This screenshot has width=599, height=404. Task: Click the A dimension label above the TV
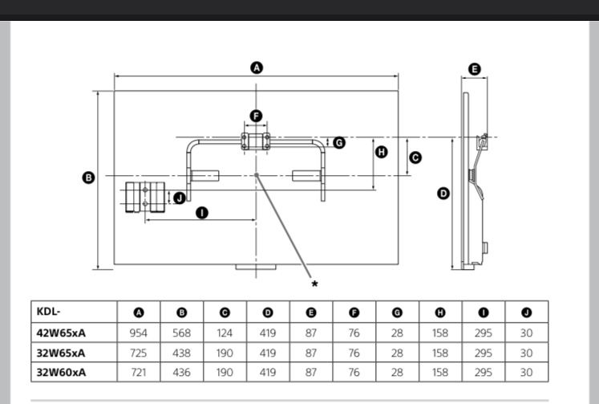257,67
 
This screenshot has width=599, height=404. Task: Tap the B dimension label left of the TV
88,178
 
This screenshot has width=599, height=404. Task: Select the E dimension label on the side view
475,69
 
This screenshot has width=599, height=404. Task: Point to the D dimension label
443,194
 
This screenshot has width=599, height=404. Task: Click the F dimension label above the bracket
256,116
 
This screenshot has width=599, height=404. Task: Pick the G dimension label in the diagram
339,143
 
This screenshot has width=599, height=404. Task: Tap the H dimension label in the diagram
381,152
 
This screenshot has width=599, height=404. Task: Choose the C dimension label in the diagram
415,157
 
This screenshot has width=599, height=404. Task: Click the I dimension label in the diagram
202,213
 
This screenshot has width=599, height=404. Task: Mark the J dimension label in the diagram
179,198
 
